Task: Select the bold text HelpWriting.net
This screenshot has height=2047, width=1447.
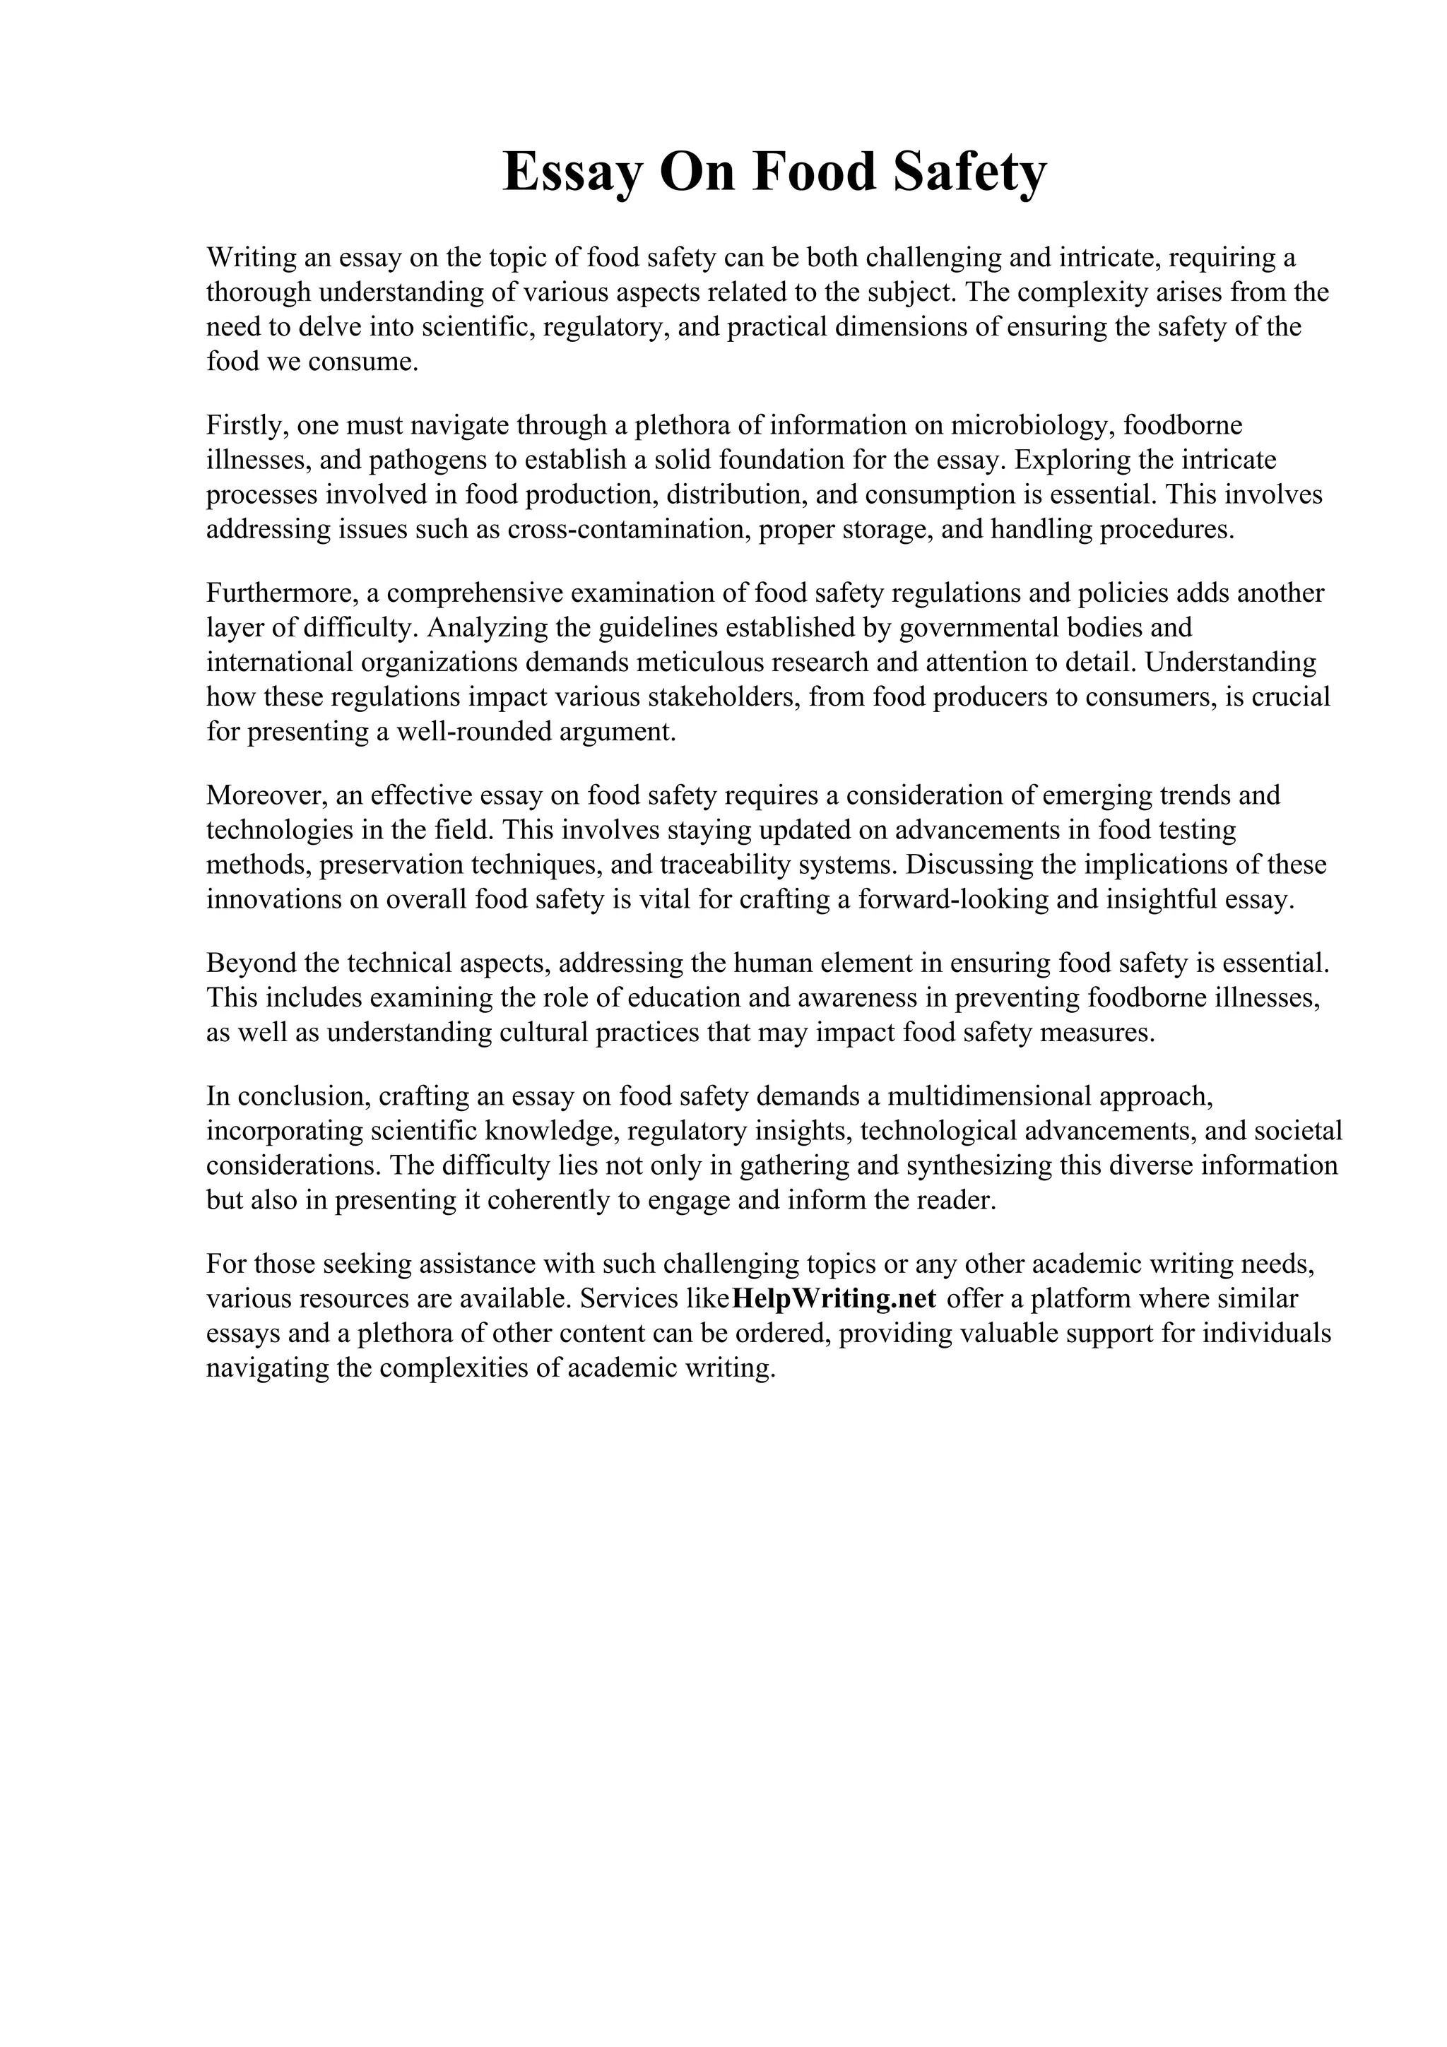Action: (833, 1299)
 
